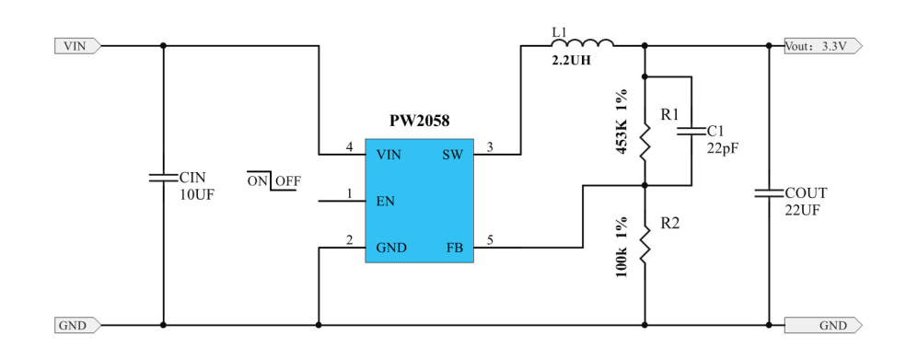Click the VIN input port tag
(x=75, y=45)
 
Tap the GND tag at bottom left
(x=75, y=325)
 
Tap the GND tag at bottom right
(x=823, y=325)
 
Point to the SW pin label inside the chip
(x=452, y=154)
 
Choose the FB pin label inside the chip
(x=454, y=247)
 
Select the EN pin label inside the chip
(x=387, y=200)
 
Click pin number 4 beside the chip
(x=349, y=147)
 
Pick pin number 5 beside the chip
(x=490, y=240)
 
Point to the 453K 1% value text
(x=622, y=122)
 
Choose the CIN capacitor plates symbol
(x=163, y=177)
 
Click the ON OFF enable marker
(x=273, y=180)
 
